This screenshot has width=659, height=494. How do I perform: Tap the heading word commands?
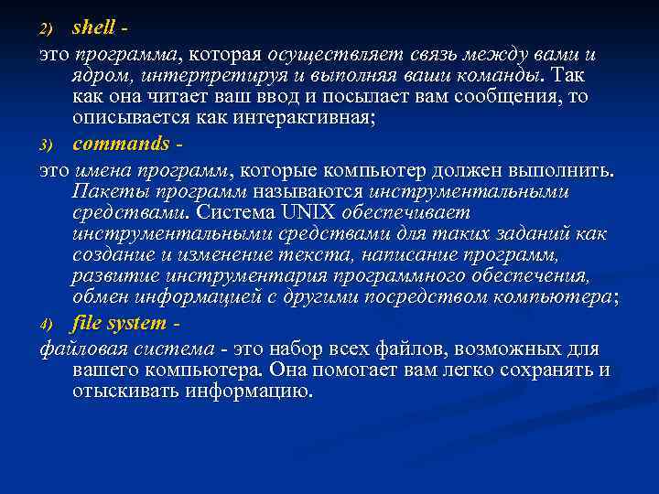[121, 145]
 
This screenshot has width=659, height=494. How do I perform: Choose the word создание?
[111, 257]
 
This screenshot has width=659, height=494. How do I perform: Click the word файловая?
[81, 349]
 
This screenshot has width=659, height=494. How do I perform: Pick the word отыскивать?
[128, 392]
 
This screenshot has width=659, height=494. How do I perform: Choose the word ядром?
[98, 75]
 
